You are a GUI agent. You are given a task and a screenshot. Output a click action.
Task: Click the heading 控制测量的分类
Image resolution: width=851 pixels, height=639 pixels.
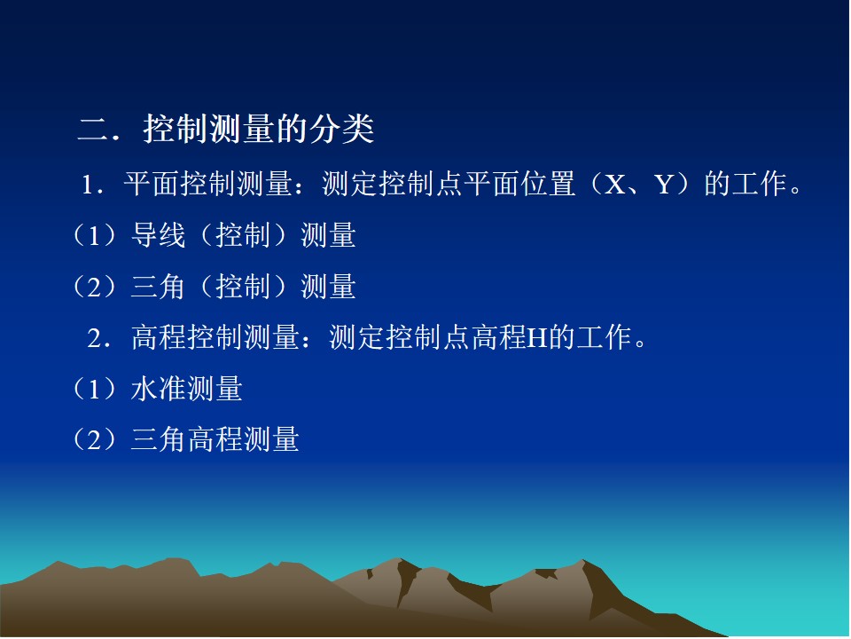coord(258,130)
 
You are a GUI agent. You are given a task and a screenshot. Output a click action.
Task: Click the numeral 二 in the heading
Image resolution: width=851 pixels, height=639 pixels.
coord(94,130)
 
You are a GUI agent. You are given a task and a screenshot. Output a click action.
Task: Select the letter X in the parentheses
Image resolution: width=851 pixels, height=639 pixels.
coord(614,185)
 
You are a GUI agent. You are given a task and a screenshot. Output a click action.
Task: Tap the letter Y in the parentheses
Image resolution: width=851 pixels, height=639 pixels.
coord(664,185)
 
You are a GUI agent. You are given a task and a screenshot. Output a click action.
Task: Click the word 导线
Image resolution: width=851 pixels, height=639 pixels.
coord(158,235)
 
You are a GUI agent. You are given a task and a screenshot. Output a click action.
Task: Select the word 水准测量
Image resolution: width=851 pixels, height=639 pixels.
coord(187,389)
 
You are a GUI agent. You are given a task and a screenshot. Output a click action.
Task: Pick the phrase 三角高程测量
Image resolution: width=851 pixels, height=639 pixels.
coord(215,439)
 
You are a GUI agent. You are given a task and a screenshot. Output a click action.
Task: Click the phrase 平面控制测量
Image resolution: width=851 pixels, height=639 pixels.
coord(208,184)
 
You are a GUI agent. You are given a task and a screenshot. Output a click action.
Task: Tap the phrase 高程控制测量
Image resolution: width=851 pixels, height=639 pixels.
coord(215,337)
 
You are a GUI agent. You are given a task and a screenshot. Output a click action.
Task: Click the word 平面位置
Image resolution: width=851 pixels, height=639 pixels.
coord(520,184)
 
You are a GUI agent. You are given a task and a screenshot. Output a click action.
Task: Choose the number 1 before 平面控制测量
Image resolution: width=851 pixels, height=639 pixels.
coord(87,185)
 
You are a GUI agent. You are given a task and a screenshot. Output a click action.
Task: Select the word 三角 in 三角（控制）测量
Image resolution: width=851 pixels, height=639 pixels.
coord(158,287)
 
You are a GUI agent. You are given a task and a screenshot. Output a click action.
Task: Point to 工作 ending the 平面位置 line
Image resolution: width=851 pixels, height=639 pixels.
coord(760,184)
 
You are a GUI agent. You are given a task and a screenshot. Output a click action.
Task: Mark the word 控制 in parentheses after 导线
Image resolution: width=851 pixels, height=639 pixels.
coord(243,235)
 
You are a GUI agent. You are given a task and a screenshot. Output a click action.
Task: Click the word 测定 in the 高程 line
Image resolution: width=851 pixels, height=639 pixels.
coord(357,337)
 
